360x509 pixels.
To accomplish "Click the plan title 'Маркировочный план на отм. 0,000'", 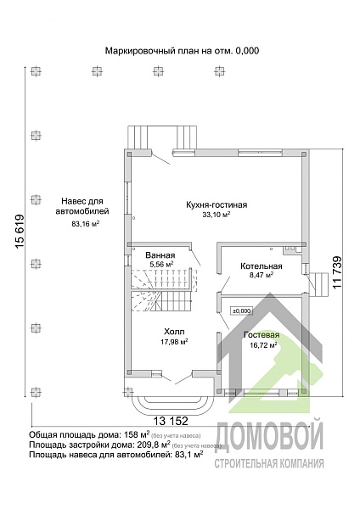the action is coord(182,51).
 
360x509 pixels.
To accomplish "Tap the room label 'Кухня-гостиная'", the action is coord(217,204).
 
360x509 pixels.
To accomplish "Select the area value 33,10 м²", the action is coord(217,215).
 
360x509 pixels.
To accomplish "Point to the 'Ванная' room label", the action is coord(160,255).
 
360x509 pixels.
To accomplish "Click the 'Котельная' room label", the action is coord(262,266).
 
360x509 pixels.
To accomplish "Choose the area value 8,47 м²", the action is coord(261,275).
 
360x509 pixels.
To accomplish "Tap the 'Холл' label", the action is coord(174,332).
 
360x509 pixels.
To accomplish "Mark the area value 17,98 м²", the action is coord(174,342).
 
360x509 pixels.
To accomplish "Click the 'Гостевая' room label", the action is coord(262,335).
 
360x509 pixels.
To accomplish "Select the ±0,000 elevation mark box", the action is coord(241,311).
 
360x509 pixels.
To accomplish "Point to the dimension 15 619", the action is coord(20,232).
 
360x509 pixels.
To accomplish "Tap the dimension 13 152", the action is coord(171,421).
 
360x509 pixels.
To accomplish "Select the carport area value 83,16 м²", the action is coord(85,223).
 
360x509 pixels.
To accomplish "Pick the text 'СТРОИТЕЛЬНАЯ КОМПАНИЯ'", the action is coord(269,463).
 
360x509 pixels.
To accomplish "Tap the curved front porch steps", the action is coord(172,406).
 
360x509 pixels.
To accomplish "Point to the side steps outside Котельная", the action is coord(318,285).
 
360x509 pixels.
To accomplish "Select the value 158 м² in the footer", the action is coord(136,434).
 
